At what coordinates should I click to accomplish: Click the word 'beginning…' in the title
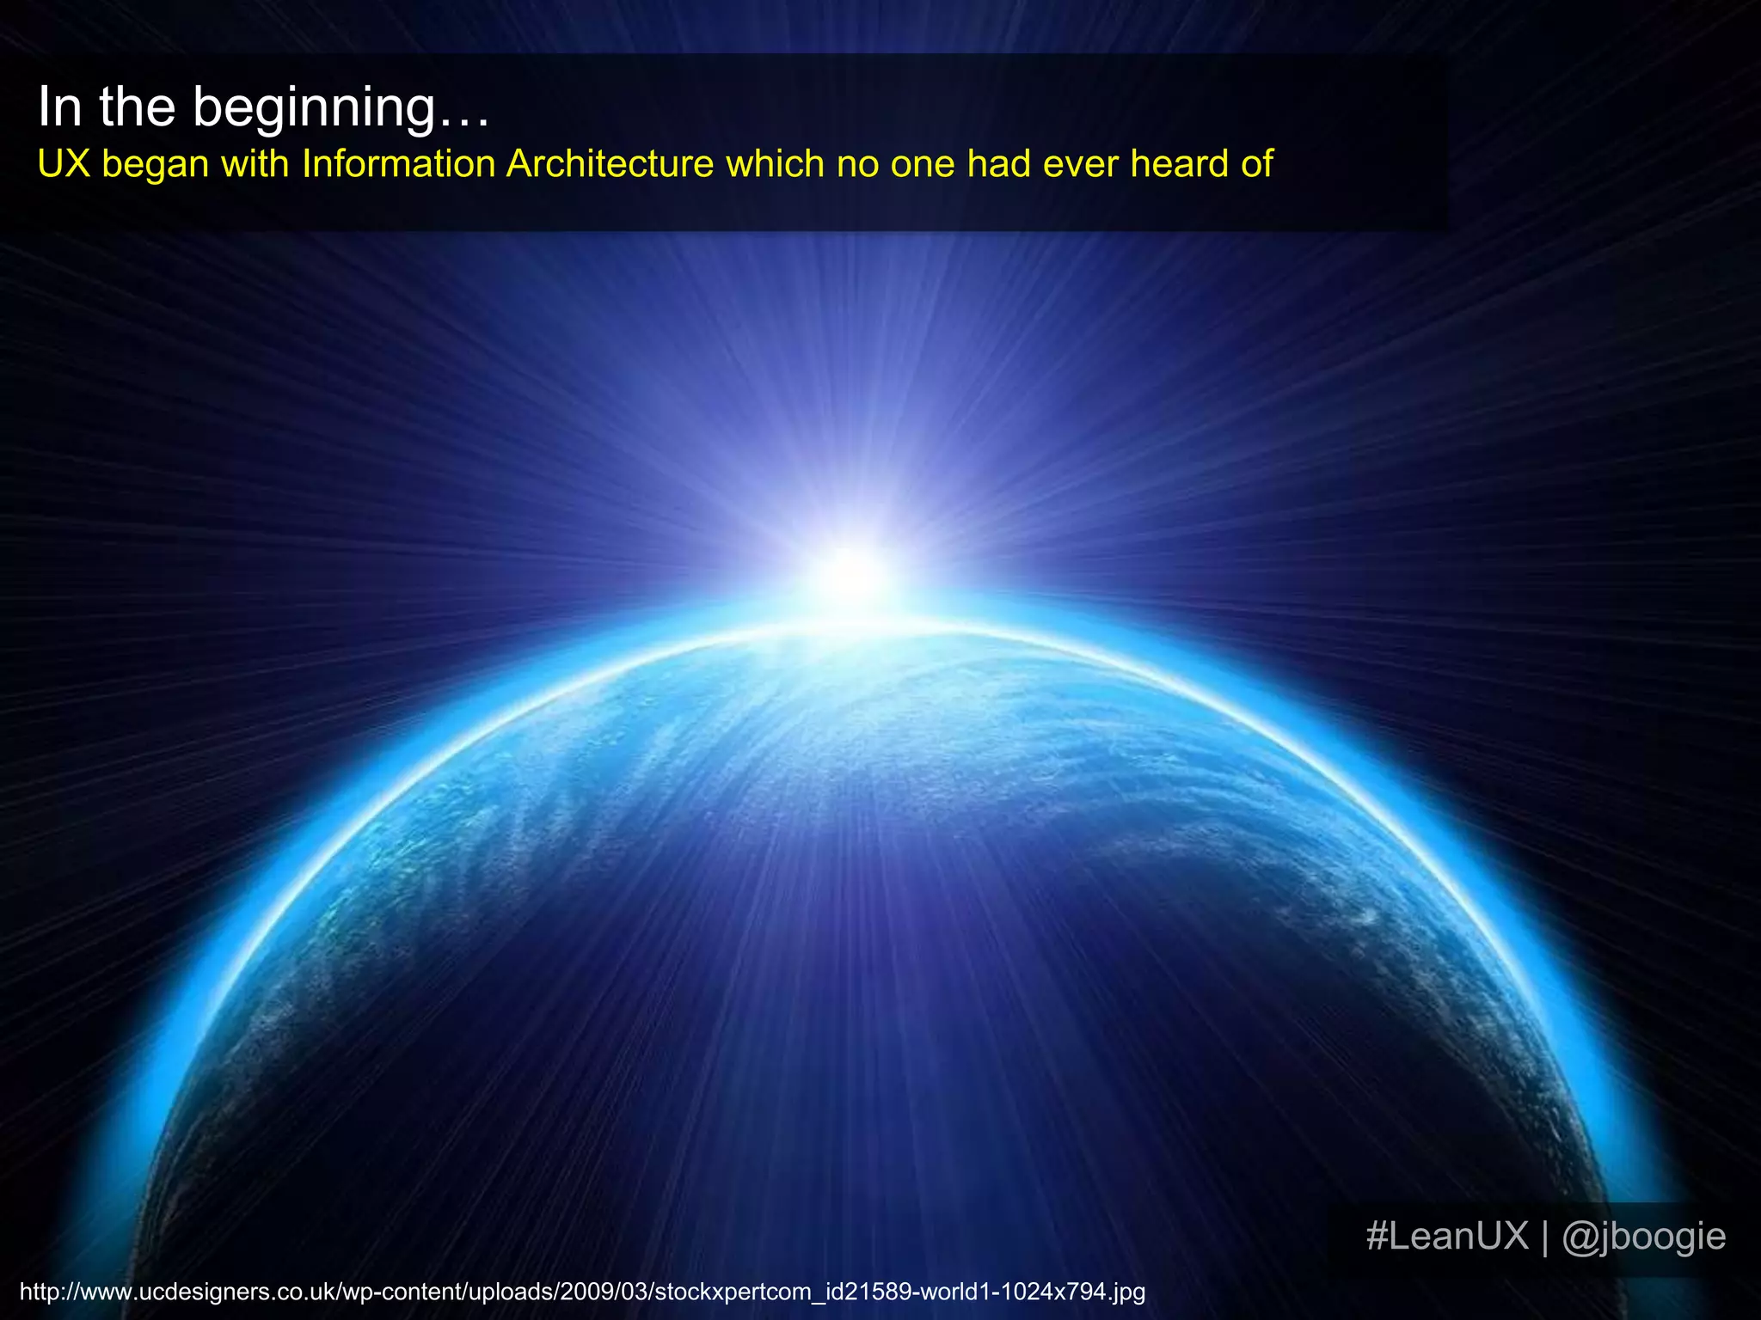pos(341,108)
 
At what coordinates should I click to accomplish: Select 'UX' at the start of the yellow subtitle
pos(64,164)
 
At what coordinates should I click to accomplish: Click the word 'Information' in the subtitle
pos(398,164)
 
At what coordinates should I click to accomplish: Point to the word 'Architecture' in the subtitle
pos(610,164)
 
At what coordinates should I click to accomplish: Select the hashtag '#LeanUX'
pos(1447,1236)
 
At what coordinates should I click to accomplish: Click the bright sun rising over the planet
pos(851,574)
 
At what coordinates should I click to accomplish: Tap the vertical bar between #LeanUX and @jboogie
pos(1545,1236)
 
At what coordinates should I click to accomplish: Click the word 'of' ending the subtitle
pos(1256,164)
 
